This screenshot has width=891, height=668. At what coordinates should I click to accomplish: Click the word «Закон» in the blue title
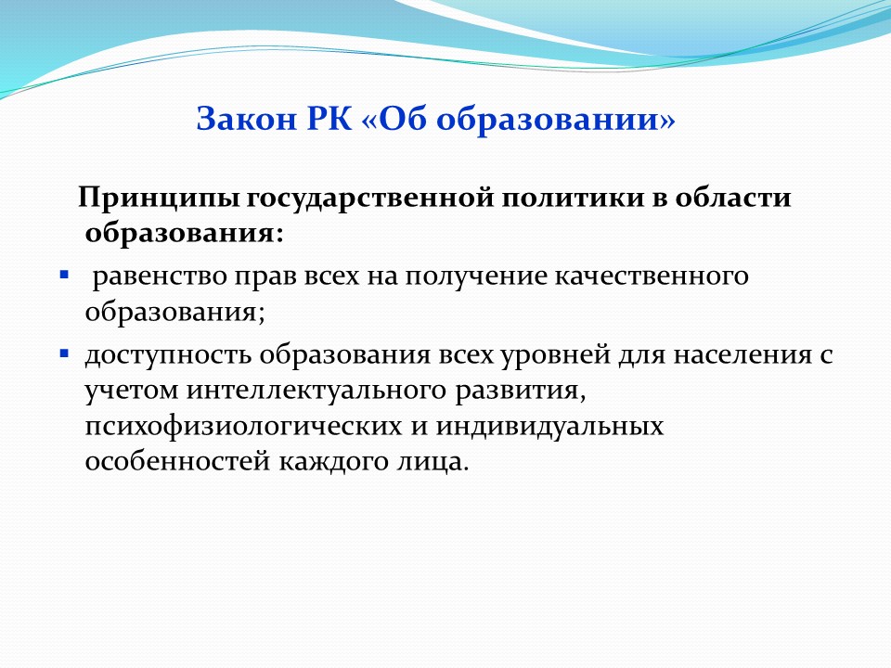247,119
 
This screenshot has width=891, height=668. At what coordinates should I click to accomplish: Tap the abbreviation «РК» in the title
329,119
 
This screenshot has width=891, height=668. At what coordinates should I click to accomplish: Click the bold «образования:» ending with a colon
184,234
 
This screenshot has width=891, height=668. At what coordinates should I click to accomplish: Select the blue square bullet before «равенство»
64,276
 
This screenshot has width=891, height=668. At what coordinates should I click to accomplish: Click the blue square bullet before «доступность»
64,353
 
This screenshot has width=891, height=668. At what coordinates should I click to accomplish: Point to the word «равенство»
160,276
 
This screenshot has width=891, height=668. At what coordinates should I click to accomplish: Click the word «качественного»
652,276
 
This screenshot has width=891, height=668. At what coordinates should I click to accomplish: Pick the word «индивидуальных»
550,426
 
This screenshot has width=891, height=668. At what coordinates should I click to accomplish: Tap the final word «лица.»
432,461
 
